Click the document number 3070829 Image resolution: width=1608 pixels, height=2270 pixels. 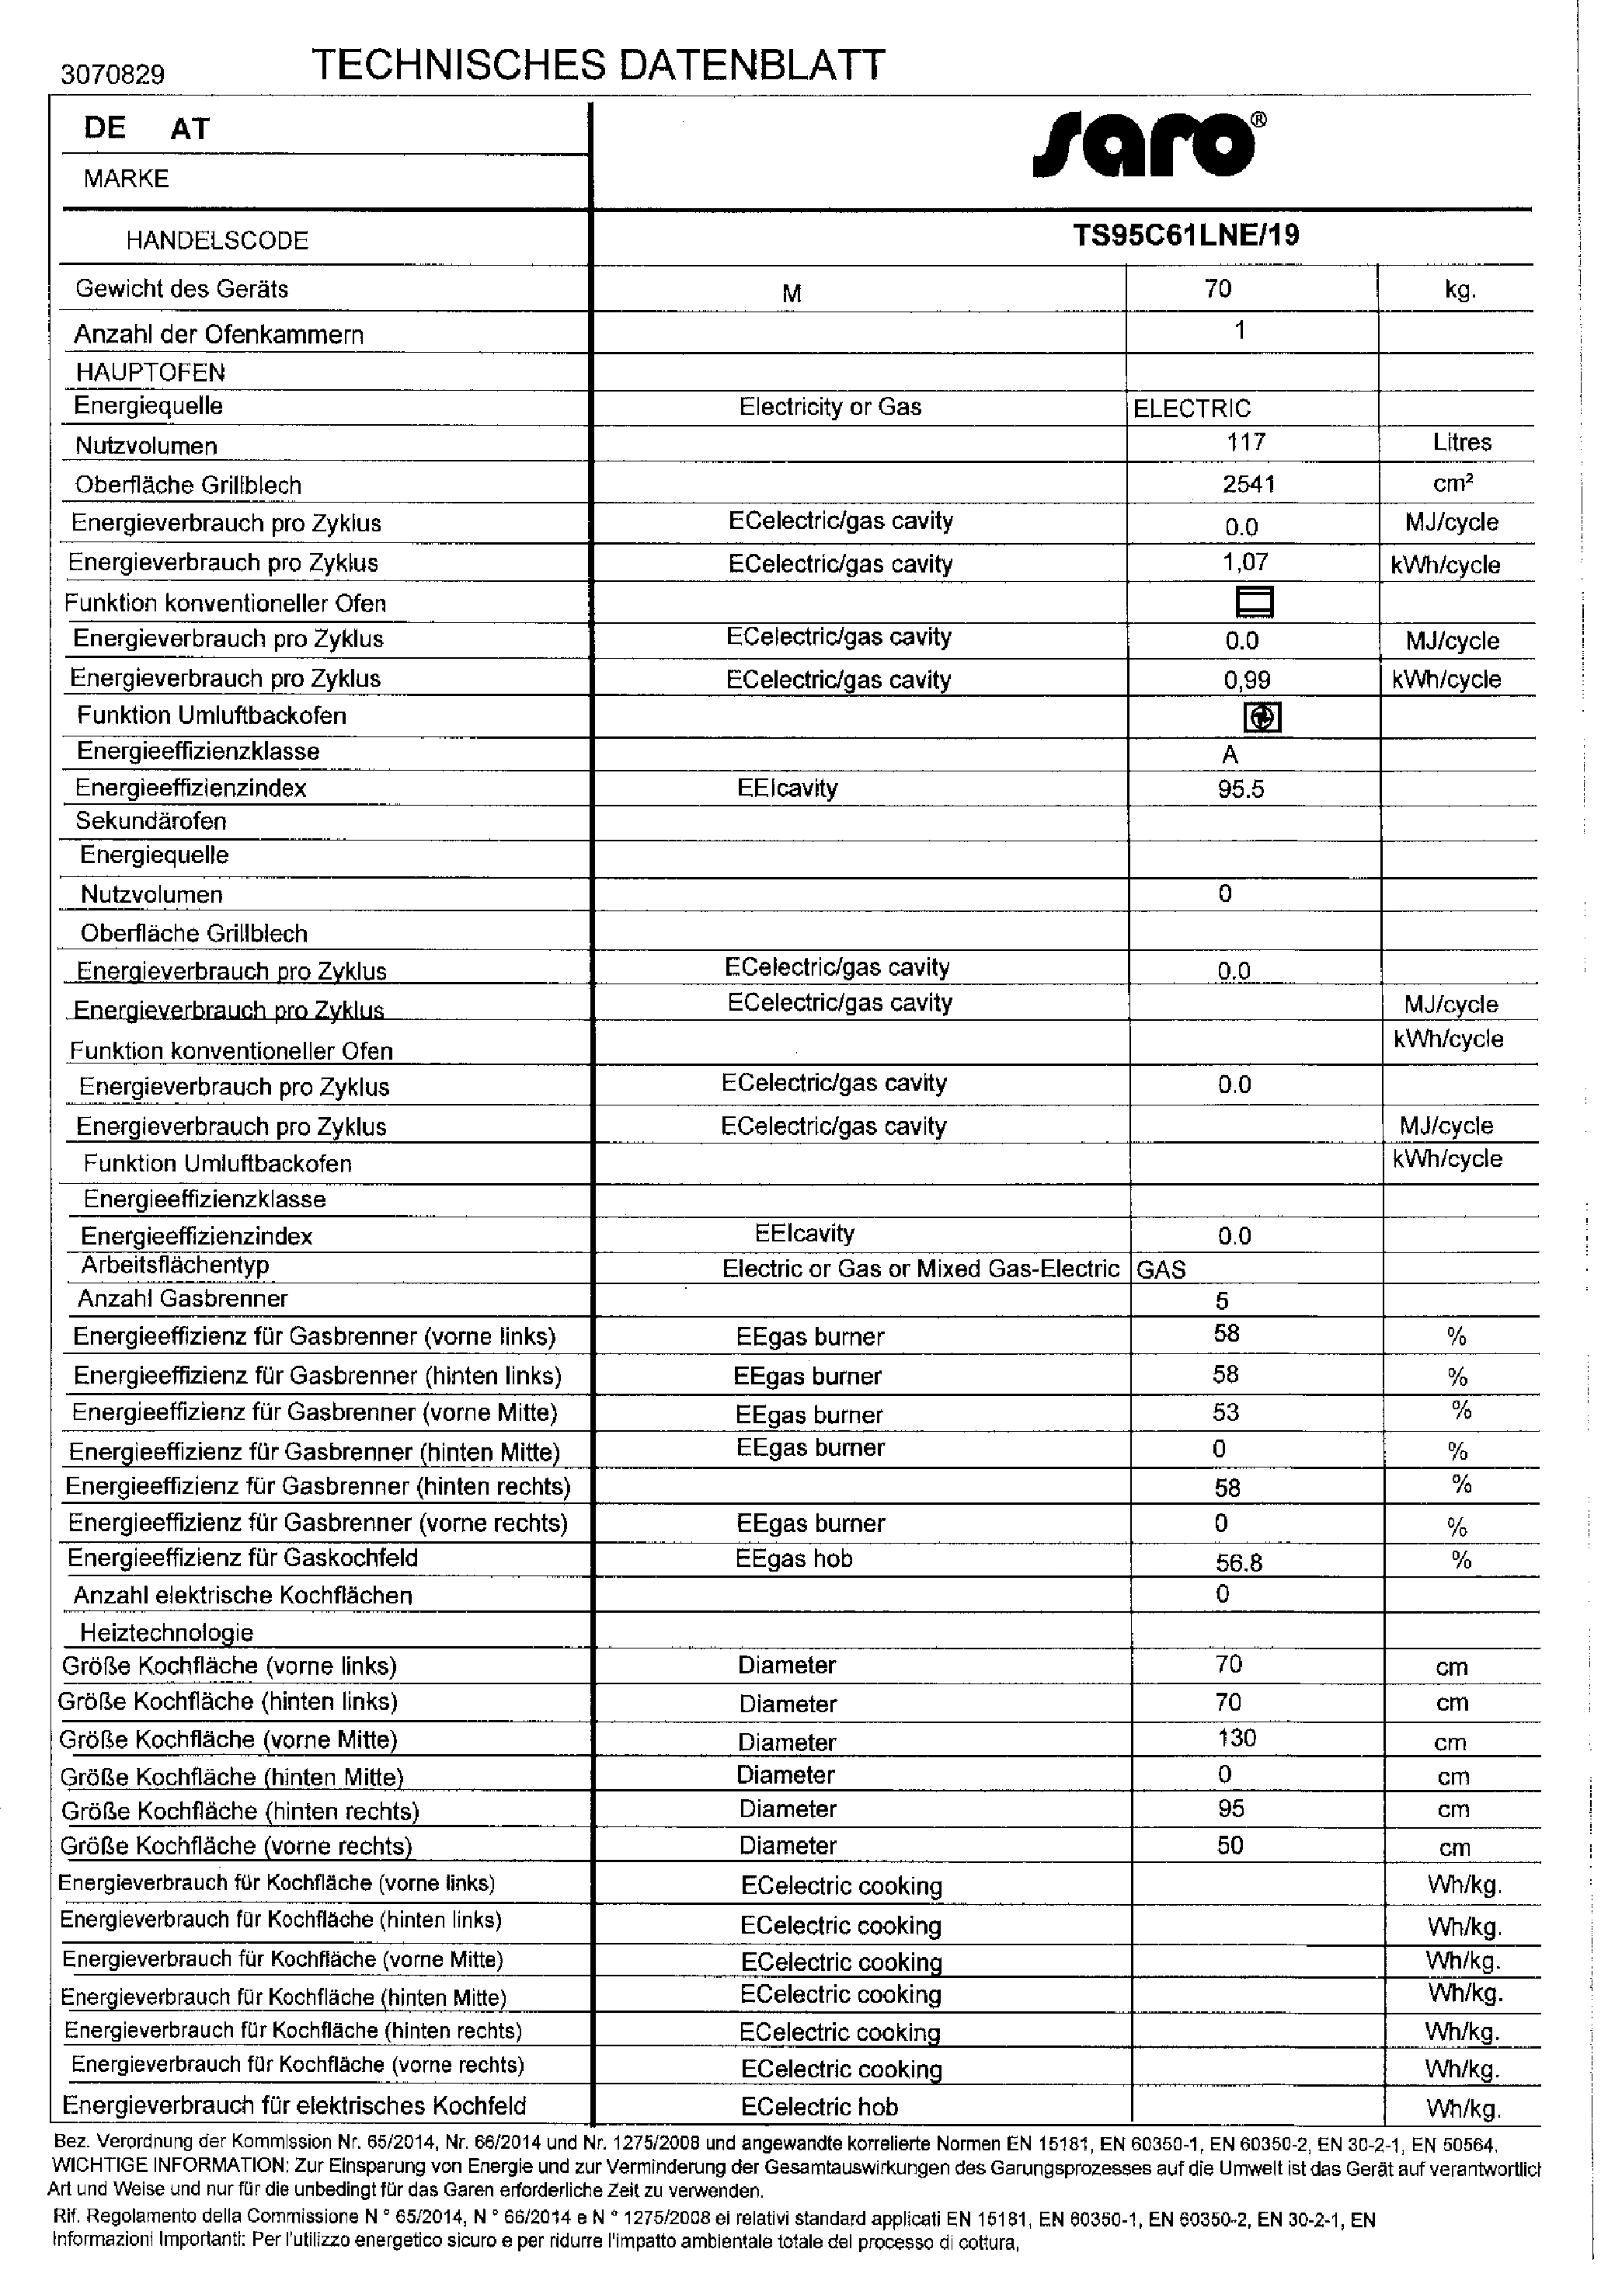[112, 75]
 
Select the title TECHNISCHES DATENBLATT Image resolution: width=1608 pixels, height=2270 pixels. [598, 65]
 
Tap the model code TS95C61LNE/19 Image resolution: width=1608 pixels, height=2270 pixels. [1185, 235]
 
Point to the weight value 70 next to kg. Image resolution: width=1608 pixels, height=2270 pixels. [1218, 288]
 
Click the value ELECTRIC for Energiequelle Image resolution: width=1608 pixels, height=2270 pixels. [1192, 408]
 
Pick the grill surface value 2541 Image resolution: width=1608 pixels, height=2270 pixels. [1248, 483]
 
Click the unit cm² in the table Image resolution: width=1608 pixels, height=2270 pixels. [1453, 484]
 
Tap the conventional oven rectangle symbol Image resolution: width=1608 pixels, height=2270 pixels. [1254, 602]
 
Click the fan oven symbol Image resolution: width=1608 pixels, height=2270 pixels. [1262, 717]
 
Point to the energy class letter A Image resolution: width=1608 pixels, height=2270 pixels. [1230, 755]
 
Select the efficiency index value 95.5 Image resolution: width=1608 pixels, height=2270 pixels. [1241, 790]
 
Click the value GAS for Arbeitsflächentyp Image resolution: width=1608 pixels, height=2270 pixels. [1161, 1269]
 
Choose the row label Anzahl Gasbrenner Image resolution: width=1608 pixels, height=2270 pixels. [183, 1299]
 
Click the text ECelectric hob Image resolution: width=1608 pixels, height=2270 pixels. [819, 2107]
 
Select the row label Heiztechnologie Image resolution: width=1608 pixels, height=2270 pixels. [166, 1632]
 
